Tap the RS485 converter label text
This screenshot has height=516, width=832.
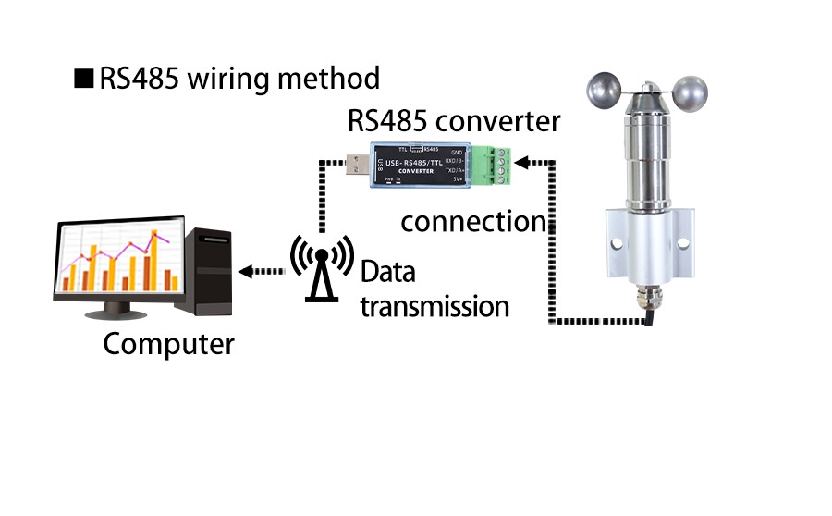pyautogui.click(x=453, y=121)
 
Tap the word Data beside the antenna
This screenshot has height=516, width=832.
pyautogui.click(x=387, y=273)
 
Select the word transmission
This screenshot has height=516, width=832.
pyautogui.click(x=434, y=305)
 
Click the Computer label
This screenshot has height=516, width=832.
pyautogui.click(x=168, y=345)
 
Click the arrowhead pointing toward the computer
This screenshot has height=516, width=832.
pyautogui.click(x=246, y=272)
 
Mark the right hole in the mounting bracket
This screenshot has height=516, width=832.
pyautogui.click(x=683, y=244)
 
